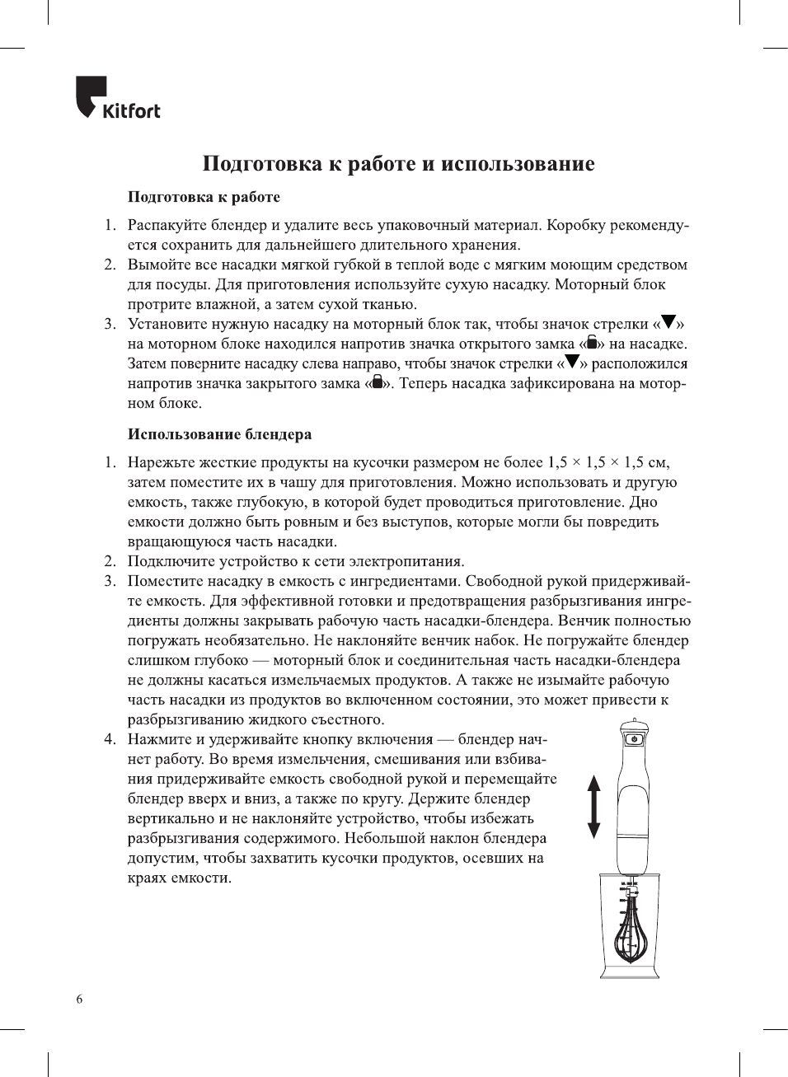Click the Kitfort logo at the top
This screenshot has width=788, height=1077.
click(117, 99)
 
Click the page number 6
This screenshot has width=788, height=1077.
click(79, 1000)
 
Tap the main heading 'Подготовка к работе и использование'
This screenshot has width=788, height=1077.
click(398, 163)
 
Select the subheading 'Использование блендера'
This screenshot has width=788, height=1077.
click(219, 434)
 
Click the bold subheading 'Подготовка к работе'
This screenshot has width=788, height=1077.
click(204, 197)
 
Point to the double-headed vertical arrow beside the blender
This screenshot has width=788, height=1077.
click(593, 807)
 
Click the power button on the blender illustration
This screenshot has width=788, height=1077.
click(633, 738)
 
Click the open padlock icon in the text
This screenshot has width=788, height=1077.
click(592, 343)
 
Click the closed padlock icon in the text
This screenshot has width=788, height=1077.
click(378, 382)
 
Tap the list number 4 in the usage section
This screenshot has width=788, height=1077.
click(110, 739)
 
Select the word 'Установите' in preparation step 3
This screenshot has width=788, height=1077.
click(168, 324)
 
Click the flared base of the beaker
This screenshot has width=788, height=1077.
click(630, 972)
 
